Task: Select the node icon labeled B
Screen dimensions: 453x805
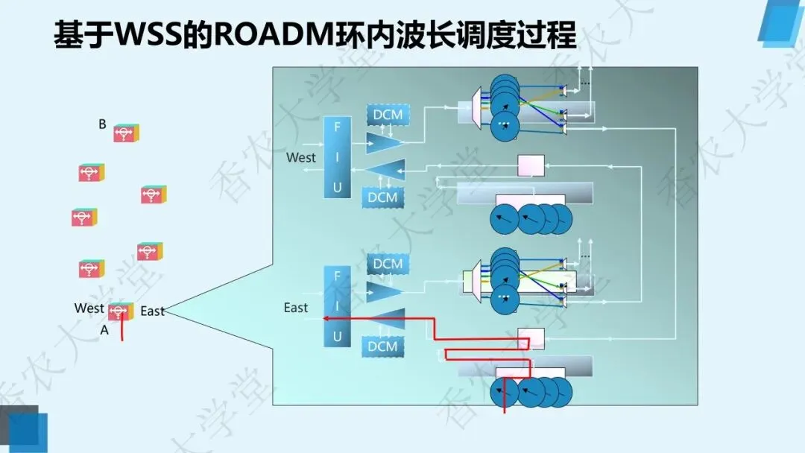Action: (125, 133)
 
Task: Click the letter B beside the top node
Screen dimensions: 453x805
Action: (102, 124)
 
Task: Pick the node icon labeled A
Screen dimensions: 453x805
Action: (120, 311)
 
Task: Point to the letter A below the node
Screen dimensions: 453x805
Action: (104, 330)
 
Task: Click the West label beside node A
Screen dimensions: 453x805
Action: (89, 308)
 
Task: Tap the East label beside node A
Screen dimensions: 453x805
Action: (152, 311)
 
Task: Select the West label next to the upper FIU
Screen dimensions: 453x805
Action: (301, 157)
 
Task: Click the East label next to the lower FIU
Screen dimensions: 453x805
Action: (296, 307)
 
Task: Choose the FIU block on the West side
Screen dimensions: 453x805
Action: (337, 157)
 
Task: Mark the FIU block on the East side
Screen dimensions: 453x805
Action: (337, 306)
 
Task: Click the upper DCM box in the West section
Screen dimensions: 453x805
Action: (387, 115)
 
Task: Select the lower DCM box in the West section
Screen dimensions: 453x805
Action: (384, 197)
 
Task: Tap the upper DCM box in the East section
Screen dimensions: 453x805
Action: (387, 264)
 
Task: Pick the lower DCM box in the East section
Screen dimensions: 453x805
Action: (383, 346)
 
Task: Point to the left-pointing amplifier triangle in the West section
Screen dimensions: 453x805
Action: (386, 171)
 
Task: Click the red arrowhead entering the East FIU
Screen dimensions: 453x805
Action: (326, 318)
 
